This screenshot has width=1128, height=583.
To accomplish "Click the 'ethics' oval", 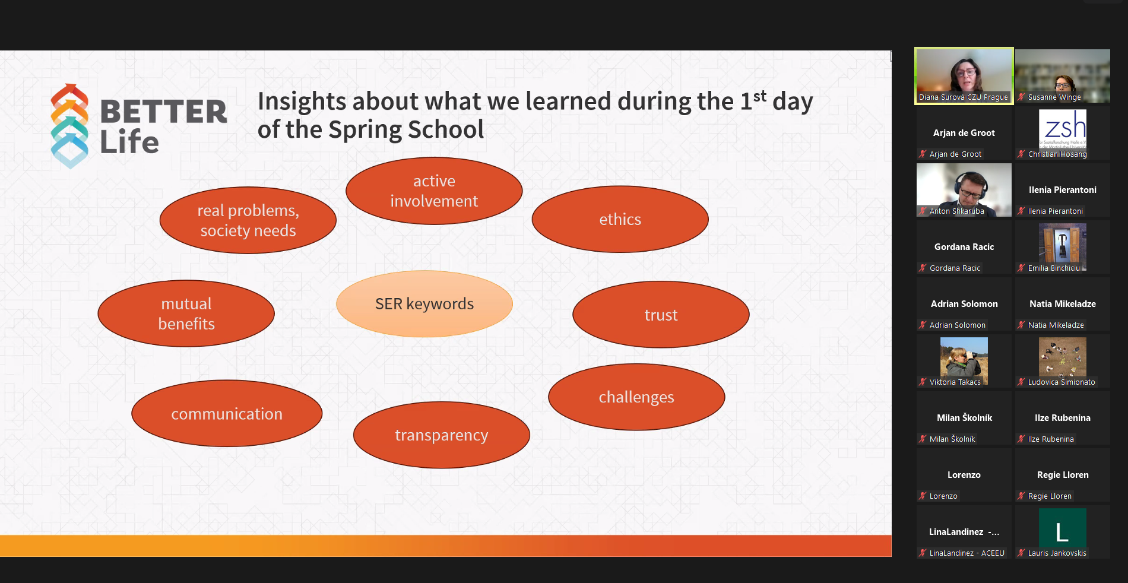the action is click(620, 219).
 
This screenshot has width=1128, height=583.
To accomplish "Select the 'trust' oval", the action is click(661, 315).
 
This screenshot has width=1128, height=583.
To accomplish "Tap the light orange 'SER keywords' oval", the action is click(424, 304).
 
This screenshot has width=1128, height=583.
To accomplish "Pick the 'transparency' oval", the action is click(441, 435).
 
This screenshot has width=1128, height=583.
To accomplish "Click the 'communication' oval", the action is click(227, 413).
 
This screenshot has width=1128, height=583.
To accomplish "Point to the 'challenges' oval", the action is click(636, 397).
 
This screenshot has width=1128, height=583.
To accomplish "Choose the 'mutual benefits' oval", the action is click(186, 313).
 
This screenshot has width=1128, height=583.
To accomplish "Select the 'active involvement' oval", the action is click(434, 191).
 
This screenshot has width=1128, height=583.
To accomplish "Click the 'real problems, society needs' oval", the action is click(248, 220).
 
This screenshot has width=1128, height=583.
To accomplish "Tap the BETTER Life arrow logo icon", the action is click(69, 126).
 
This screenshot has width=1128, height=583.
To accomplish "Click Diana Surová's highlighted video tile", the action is click(964, 75).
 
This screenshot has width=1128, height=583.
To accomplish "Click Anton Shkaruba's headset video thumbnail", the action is click(964, 190).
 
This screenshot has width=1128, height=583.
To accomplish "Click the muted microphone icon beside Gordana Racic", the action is click(923, 268).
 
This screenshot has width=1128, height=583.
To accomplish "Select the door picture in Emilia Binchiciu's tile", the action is click(1063, 243).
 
